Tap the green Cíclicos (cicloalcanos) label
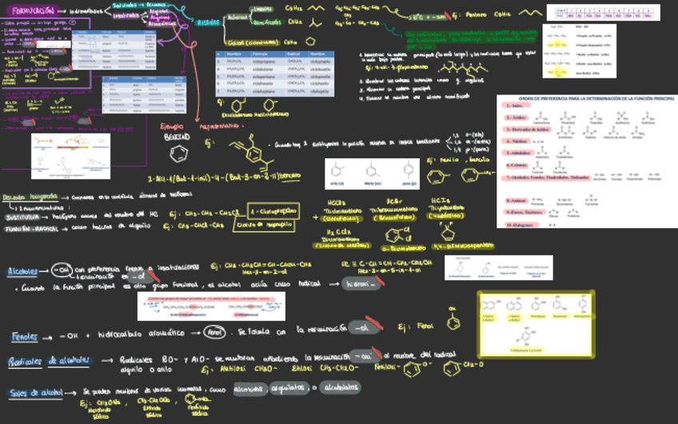click(253, 42)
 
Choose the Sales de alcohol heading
click(35, 392)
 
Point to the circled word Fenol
click(215, 332)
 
